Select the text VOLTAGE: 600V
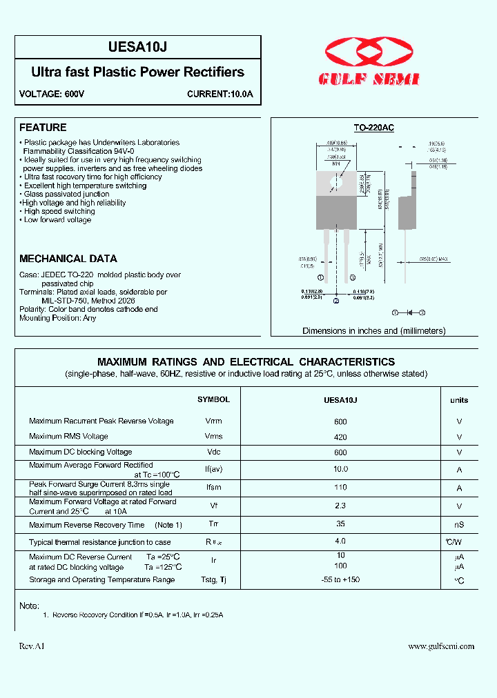[52, 94]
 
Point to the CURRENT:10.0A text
[220, 94]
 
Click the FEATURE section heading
[43, 128]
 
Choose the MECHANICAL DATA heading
[68, 259]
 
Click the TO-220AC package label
[373, 128]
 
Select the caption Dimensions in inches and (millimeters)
[374, 331]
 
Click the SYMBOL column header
[213, 400]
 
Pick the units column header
[459, 400]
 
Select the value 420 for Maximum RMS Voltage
[340, 437]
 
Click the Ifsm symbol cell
[213, 488]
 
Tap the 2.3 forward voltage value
[340, 506]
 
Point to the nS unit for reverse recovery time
[459, 526]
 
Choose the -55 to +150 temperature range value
[340, 580]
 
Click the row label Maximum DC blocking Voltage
[81, 452]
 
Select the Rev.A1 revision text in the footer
[31, 646]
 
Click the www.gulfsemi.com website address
[441, 646]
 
